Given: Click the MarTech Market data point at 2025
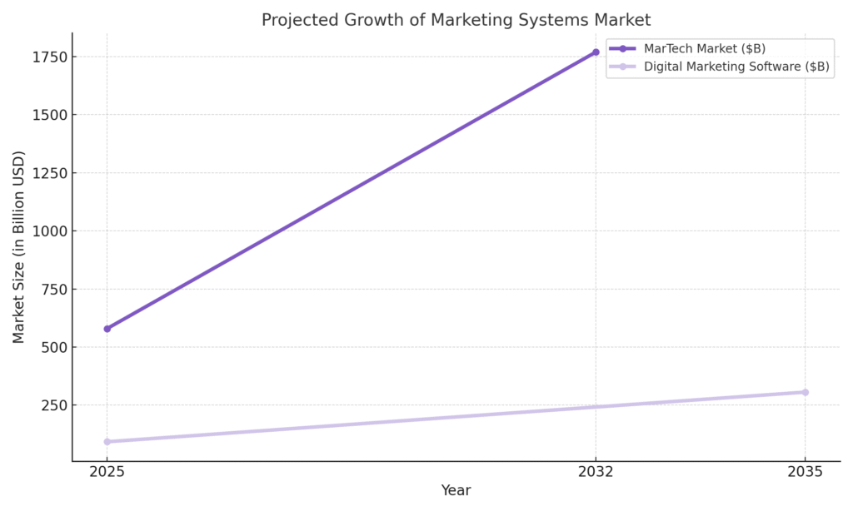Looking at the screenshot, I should coord(107,329).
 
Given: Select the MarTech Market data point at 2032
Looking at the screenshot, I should coord(596,52).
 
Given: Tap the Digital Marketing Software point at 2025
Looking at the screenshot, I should coord(107,442).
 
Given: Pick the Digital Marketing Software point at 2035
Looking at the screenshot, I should coord(805,392).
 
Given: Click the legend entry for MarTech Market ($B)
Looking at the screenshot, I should coord(705,48).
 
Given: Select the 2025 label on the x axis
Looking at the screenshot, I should coord(107,472).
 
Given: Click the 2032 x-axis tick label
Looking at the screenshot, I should coord(596,472).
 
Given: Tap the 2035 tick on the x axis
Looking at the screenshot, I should coord(805,472).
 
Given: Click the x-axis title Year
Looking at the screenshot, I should coord(456,491).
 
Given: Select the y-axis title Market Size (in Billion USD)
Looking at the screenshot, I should coord(19,247).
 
